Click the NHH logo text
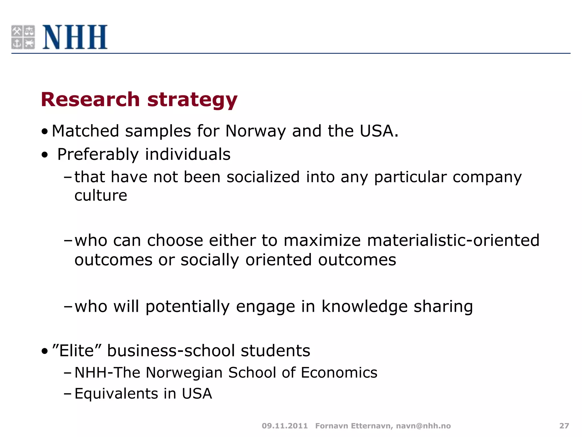coord(75,37)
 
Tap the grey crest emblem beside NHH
coord(23,37)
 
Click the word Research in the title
coord(90,100)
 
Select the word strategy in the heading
coord(192,100)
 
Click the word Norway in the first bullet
coord(255,131)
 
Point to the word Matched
coord(85,131)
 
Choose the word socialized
coord(263,177)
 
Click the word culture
coord(101,195)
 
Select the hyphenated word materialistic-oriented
coord(453,240)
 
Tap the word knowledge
coord(364,307)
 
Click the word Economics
coord(339,373)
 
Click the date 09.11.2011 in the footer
coord(284,426)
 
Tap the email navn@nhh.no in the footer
coord(423,426)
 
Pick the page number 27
coord(564,426)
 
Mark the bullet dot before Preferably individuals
coord(45,155)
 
